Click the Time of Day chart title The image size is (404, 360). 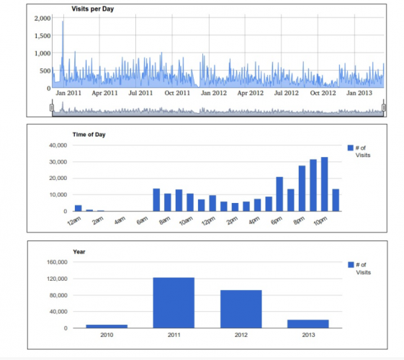pos(91,135)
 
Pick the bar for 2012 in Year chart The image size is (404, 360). pos(241,309)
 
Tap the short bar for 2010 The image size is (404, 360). pos(107,326)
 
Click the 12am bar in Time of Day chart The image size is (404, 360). pos(78,208)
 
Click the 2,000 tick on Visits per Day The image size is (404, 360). pos(42,17)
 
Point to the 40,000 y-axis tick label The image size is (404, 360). pos(55,145)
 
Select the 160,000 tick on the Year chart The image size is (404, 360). pos(55,262)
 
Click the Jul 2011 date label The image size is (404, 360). pos(140,93)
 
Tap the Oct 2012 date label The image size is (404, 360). pos(323,93)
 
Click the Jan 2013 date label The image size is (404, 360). pos(359,93)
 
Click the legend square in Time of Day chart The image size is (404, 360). pos(351,148)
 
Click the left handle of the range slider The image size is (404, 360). pos(51,107)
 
